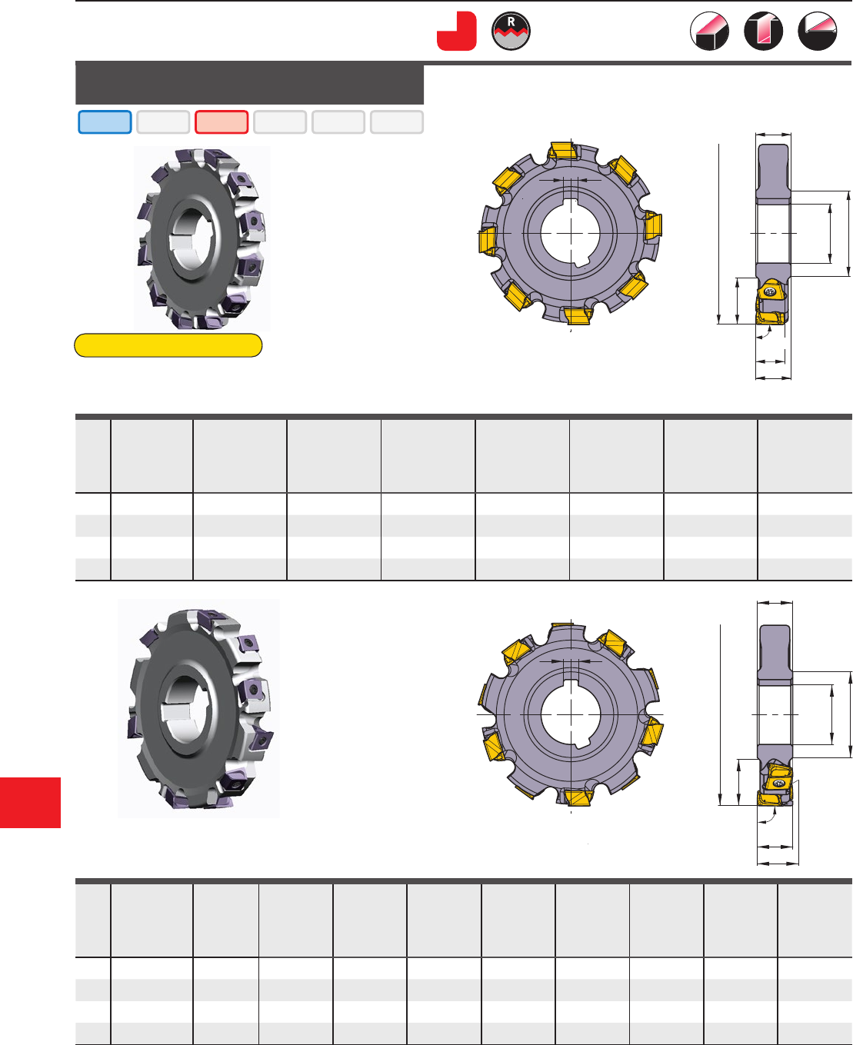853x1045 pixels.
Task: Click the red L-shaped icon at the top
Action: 456,32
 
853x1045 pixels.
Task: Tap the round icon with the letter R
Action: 511,31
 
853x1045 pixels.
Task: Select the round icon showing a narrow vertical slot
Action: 763,31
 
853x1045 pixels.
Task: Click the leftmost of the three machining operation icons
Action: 709,31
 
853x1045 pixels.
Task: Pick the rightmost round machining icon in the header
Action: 818,31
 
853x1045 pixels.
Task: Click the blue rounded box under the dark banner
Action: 105,122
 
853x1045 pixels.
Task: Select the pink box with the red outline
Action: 222,122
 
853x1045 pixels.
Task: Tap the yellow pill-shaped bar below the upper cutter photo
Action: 168,345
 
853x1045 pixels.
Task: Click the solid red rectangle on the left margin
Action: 30,802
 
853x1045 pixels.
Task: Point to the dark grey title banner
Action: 249,83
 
